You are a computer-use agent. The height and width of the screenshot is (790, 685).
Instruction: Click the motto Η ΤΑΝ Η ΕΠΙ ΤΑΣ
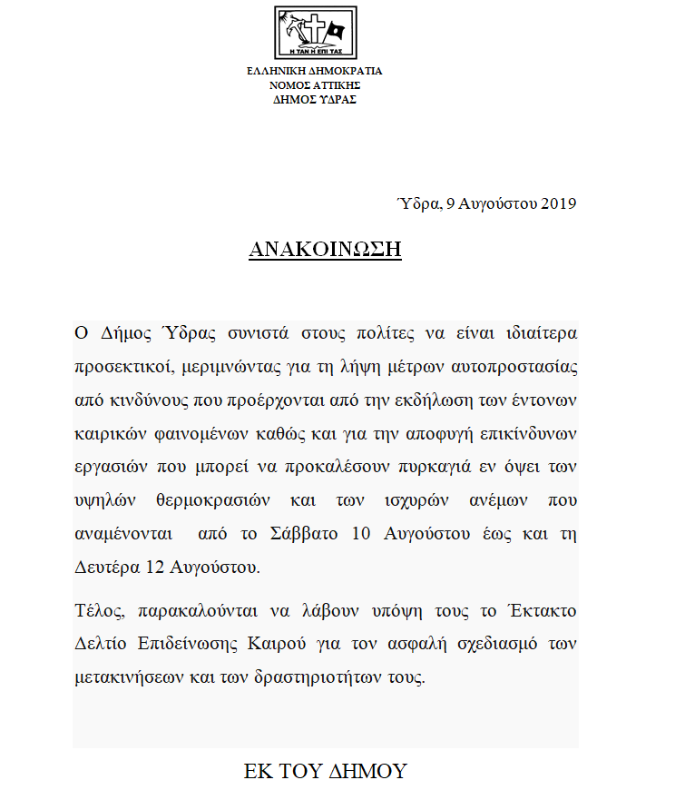(x=315, y=52)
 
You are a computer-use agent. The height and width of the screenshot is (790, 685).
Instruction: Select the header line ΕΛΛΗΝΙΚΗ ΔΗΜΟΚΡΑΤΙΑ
(x=315, y=71)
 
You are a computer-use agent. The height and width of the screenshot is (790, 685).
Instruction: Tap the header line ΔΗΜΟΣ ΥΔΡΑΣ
(x=315, y=100)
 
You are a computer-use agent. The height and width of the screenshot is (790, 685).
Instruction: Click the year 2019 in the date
(x=559, y=203)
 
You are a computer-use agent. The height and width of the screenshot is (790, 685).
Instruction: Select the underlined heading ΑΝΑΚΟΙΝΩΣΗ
(x=325, y=250)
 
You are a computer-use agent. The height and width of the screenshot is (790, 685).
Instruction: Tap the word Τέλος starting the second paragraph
(x=95, y=610)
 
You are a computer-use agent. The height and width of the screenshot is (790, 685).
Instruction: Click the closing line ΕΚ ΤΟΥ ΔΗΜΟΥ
(x=326, y=772)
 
